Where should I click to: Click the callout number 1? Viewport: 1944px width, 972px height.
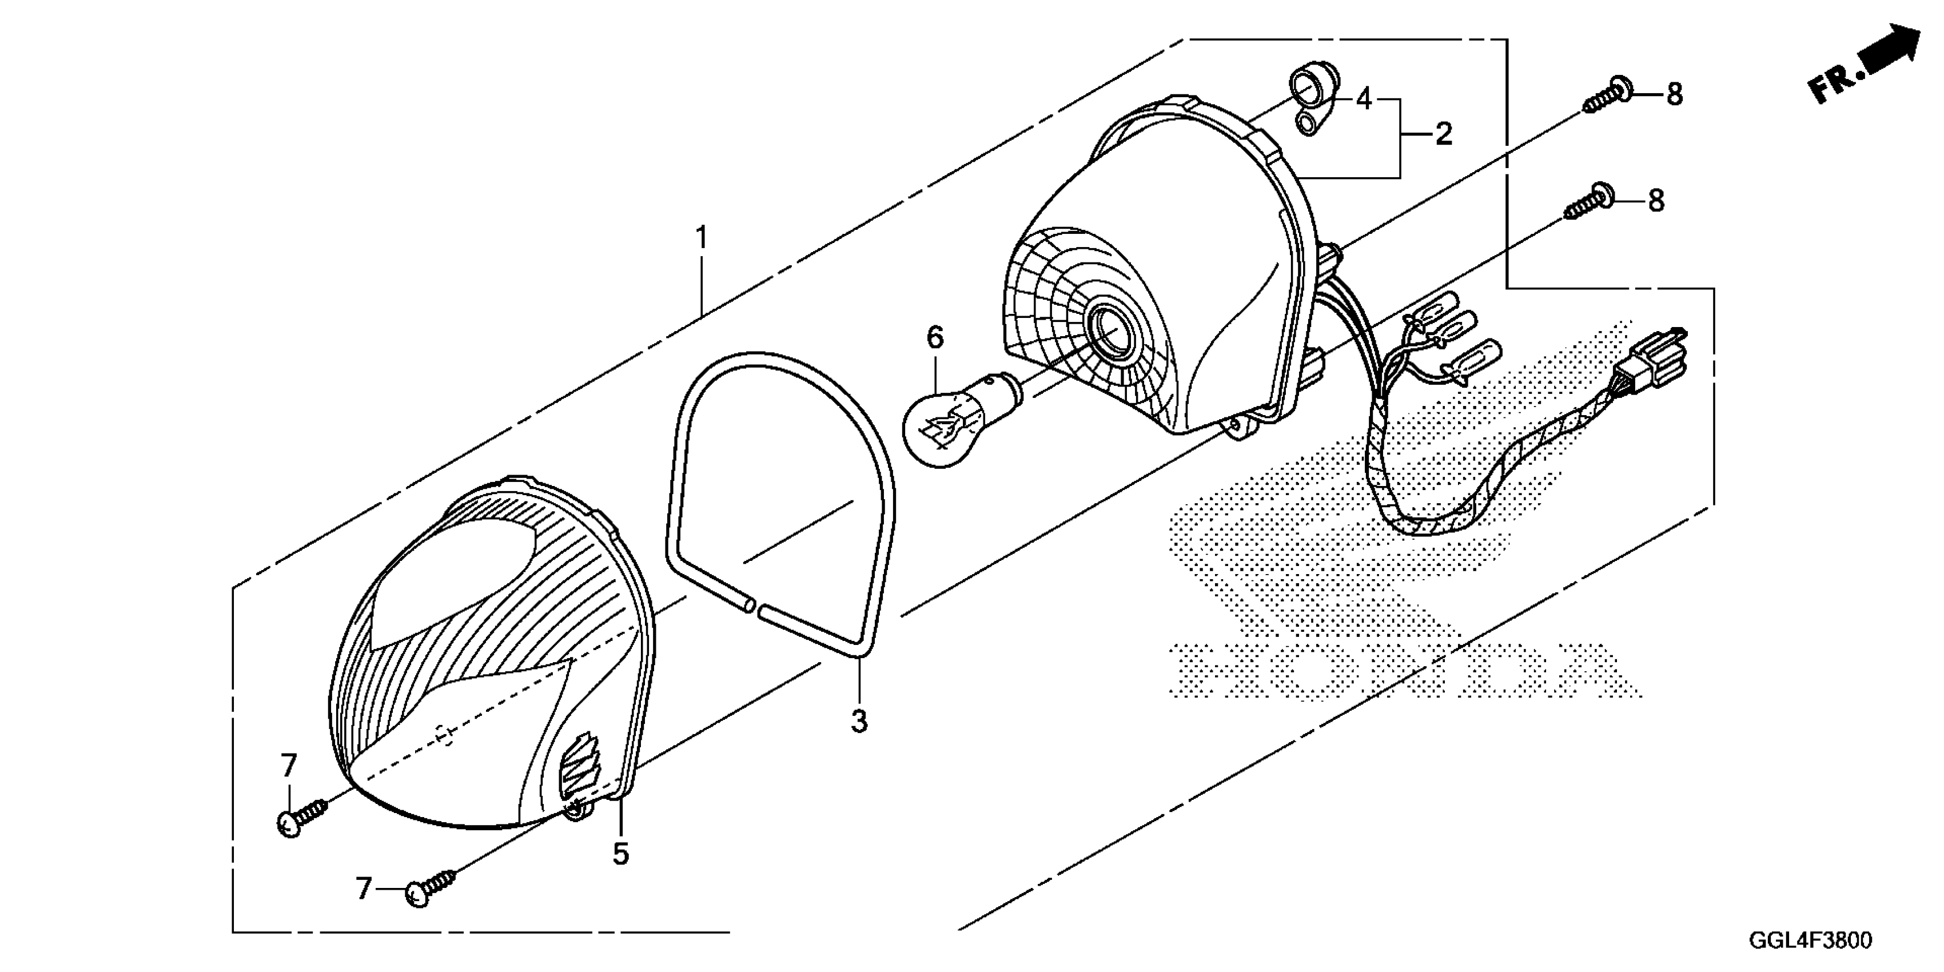coord(702,238)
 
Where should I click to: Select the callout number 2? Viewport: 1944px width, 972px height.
coord(1443,134)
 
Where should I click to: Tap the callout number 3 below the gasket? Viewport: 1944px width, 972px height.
coord(859,722)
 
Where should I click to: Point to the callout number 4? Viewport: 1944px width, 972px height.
coord(1364,99)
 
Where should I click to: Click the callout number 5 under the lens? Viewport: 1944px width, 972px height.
coord(620,854)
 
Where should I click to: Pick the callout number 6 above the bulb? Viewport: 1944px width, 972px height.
coord(934,337)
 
